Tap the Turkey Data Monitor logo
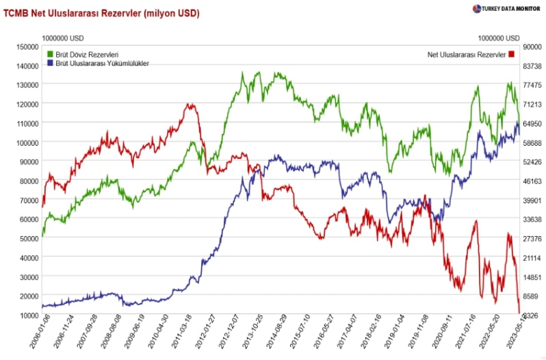pyautogui.click(x=506, y=9)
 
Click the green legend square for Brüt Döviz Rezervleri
pyautogui.click(x=50, y=53)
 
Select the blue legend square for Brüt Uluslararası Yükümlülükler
pyautogui.click(x=50, y=63)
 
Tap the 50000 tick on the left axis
pyautogui.click(x=28, y=238)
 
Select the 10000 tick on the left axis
pyautogui.click(x=28, y=315)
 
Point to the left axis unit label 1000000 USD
pyautogui.click(x=62, y=38)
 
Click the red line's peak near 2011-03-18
pyautogui.click(x=190, y=105)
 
